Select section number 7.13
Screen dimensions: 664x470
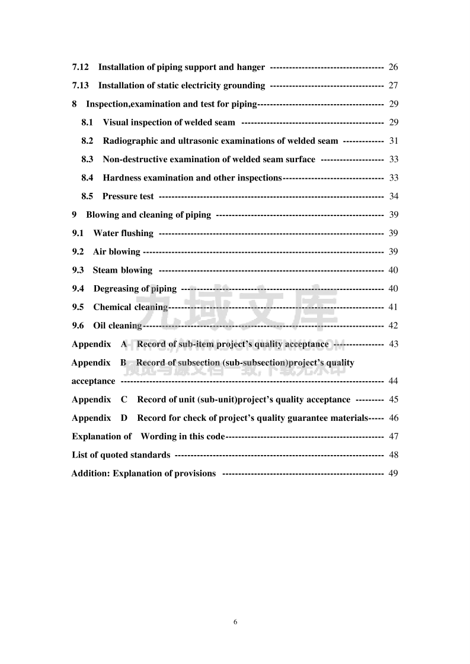coord(80,86)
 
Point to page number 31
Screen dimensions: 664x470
coord(394,141)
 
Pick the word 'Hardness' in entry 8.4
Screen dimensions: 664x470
coord(120,178)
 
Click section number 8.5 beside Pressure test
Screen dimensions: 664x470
coord(87,196)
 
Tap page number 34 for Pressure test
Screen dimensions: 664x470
coord(394,196)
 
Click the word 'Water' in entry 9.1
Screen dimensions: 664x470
coord(105,233)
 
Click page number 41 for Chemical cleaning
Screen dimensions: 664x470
coord(393,307)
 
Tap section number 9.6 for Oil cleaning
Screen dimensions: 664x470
coord(78,325)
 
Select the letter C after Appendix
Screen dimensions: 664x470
coord(124,399)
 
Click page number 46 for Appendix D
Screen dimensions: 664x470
coord(394,418)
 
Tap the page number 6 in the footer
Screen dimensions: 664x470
coord(235,622)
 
